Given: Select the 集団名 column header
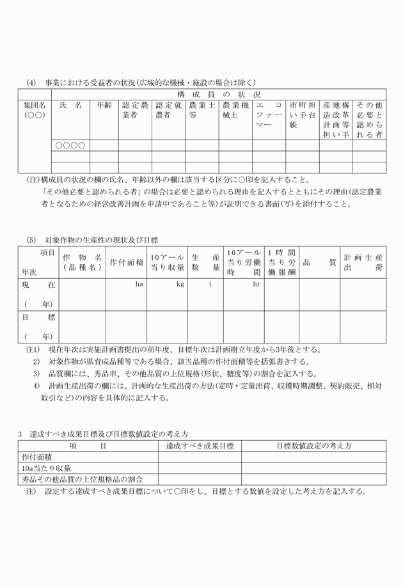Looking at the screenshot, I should click(x=35, y=109).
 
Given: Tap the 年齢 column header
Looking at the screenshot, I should click(x=104, y=104).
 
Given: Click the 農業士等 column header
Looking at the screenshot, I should click(x=201, y=109).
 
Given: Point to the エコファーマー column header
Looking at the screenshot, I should click(x=268, y=115).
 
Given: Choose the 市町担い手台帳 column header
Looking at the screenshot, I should click(x=302, y=115).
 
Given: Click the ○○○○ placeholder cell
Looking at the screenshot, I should click(x=70, y=145).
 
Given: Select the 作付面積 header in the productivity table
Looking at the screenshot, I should click(x=126, y=262).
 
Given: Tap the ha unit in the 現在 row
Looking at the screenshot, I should click(x=139, y=283).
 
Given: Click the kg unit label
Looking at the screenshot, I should click(x=180, y=283).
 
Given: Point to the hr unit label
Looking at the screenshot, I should click(x=257, y=283).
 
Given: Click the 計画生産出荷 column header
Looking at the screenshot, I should click(x=363, y=262).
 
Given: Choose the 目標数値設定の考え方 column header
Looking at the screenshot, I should click(x=313, y=446).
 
